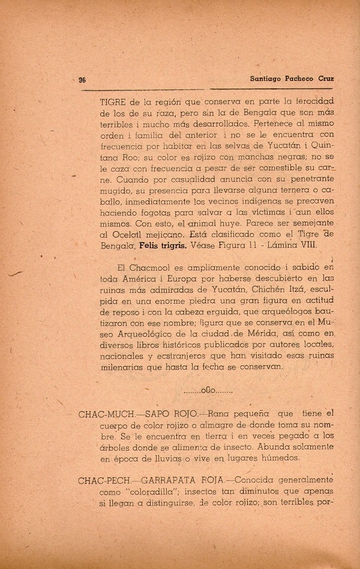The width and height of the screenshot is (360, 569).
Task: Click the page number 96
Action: coord(83,79)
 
